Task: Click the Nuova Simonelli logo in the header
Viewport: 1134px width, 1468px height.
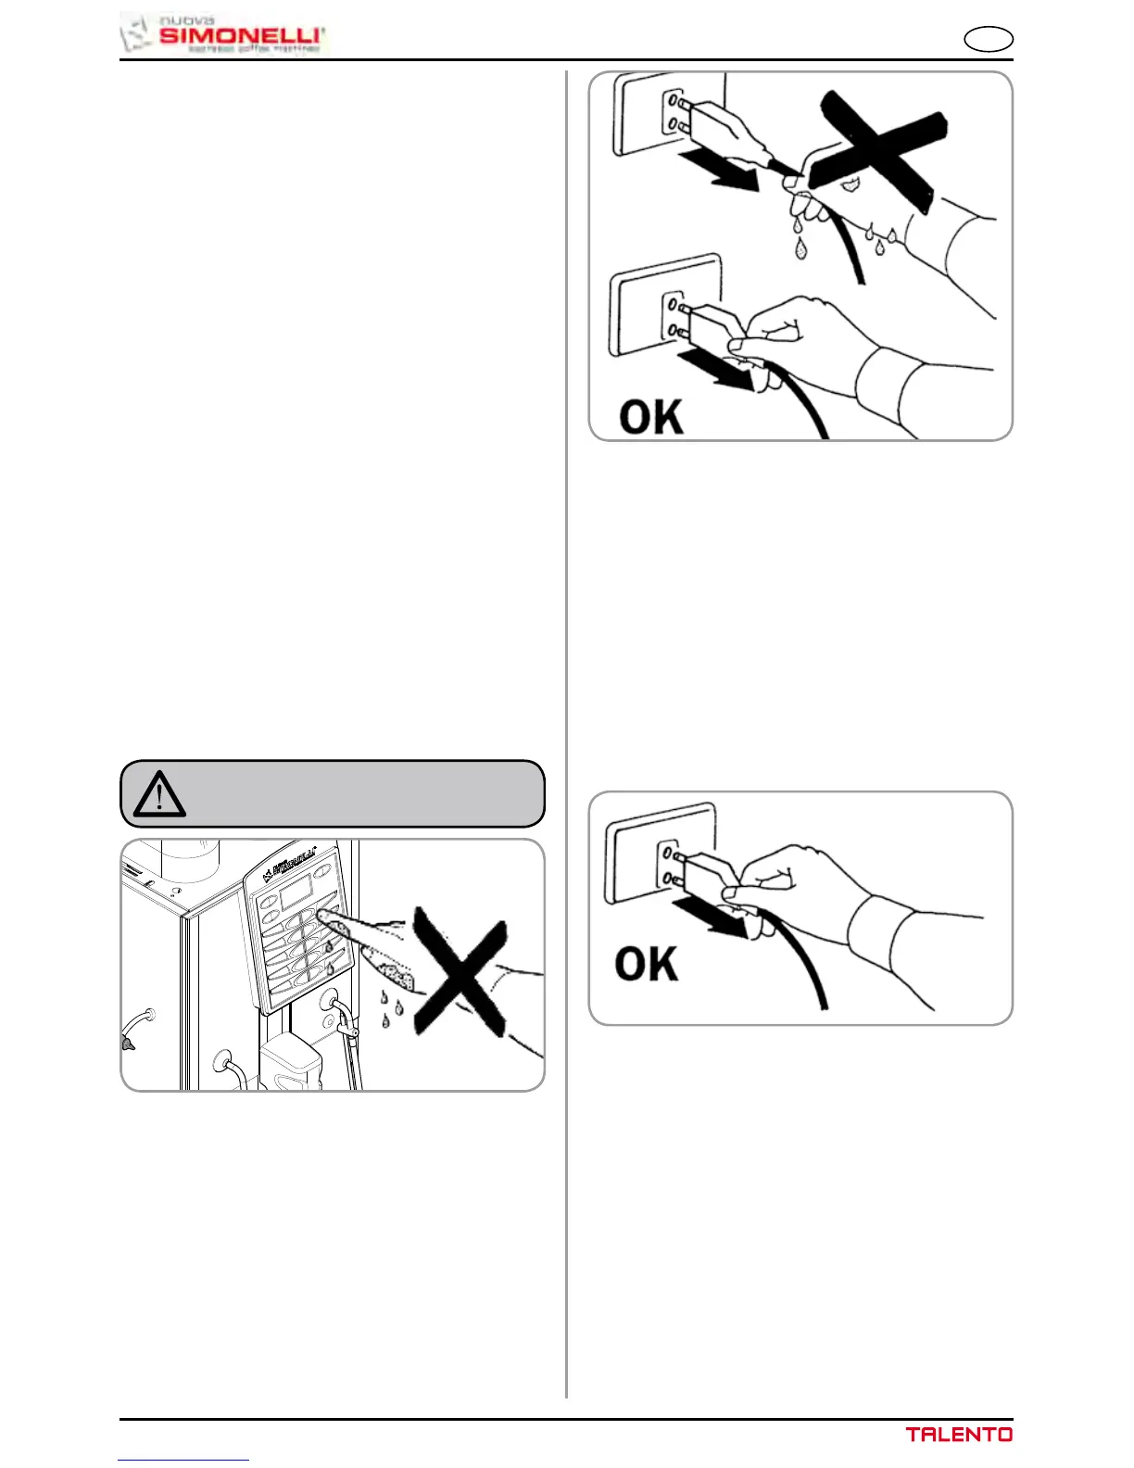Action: click(223, 34)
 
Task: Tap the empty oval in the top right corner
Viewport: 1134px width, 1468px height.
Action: click(988, 40)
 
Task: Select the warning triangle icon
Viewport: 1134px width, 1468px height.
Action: click(159, 795)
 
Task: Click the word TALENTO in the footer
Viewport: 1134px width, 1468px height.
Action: click(959, 1435)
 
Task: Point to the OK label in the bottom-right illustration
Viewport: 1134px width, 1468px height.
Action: click(647, 964)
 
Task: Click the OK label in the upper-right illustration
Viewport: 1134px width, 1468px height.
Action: click(650, 417)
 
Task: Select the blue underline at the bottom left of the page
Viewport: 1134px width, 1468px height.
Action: click(183, 1460)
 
